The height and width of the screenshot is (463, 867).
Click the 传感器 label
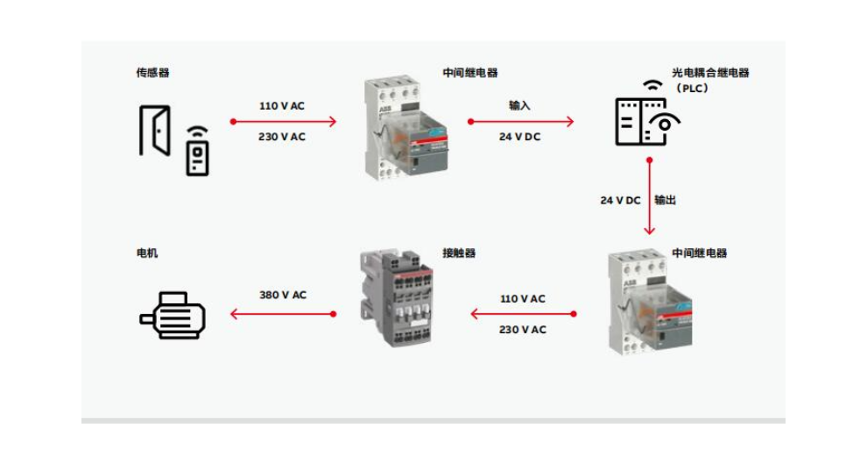pyautogui.click(x=152, y=73)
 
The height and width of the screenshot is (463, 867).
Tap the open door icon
pyautogui.click(x=154, y=130)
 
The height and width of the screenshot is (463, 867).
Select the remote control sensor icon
pyautogui.click(x=197, y=151)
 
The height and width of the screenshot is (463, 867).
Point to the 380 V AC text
pyautogui.click(x=283, y=296)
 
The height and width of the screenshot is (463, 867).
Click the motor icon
pyautogui.click(x=172, y=315)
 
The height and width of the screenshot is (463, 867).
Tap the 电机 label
pyautogui.click(x=147, y=253)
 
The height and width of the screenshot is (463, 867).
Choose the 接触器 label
pyautogui.click(x=459, y=253)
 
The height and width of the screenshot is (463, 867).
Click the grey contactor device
pyautogui.click(x=396, y=298)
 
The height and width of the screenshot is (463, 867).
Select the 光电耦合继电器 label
pyautogui.click(x=710, y=73)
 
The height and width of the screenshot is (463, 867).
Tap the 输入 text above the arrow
pyautogui.click(x=519, y=105)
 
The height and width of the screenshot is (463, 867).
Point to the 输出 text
pyautogui.click(x=666, y=200)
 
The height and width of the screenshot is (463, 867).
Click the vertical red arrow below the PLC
pyautogui.click(x=650, y=197)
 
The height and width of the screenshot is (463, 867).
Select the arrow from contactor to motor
pyautogui.click(x=283, y=314)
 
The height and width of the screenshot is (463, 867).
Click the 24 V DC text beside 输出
pyautogui.click(x=620, y=201)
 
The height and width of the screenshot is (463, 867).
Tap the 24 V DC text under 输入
pyautogui.click(x=519, y=137)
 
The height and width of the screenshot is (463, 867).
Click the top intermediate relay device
pyautogui.click(x=405, y=129)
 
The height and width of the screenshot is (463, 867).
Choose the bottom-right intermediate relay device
pyautogui.click(x=650, y=303)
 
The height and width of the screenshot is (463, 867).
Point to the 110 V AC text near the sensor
pyautogui.click(x=282, y=106)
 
